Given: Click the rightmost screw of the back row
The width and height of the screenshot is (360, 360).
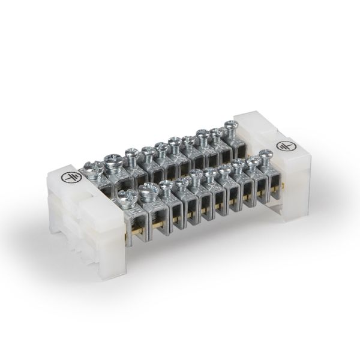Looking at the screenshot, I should click(230, 126).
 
